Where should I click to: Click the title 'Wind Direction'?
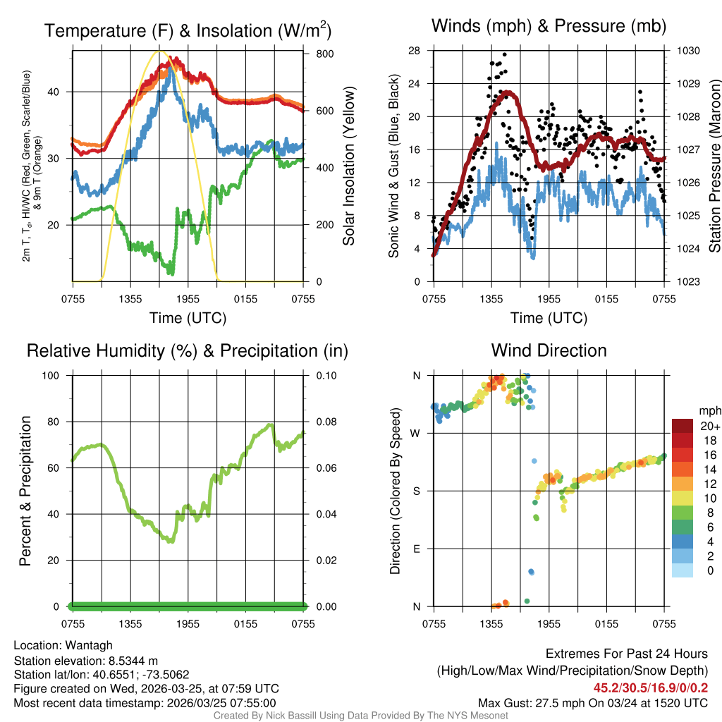(x=549, y=350)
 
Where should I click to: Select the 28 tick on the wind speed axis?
(x=415, y=51)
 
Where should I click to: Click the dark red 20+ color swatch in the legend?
(x=682, y=427)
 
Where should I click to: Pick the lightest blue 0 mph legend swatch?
(x=682, y=571)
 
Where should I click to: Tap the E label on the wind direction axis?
(x=417, y=549)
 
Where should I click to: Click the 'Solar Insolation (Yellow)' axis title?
(x=348, y=166)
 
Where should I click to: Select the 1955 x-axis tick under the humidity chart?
(x=188, y=624)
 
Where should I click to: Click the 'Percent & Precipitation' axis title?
(x=25, y=491)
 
